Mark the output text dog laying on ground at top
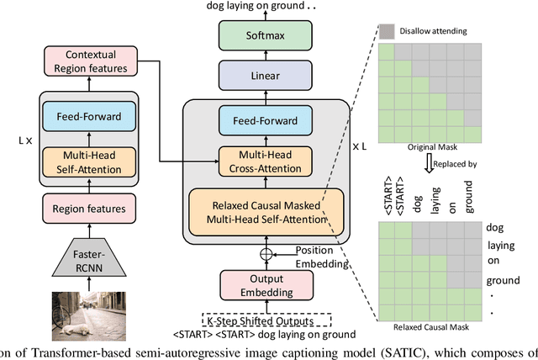(x=263, y=7)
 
